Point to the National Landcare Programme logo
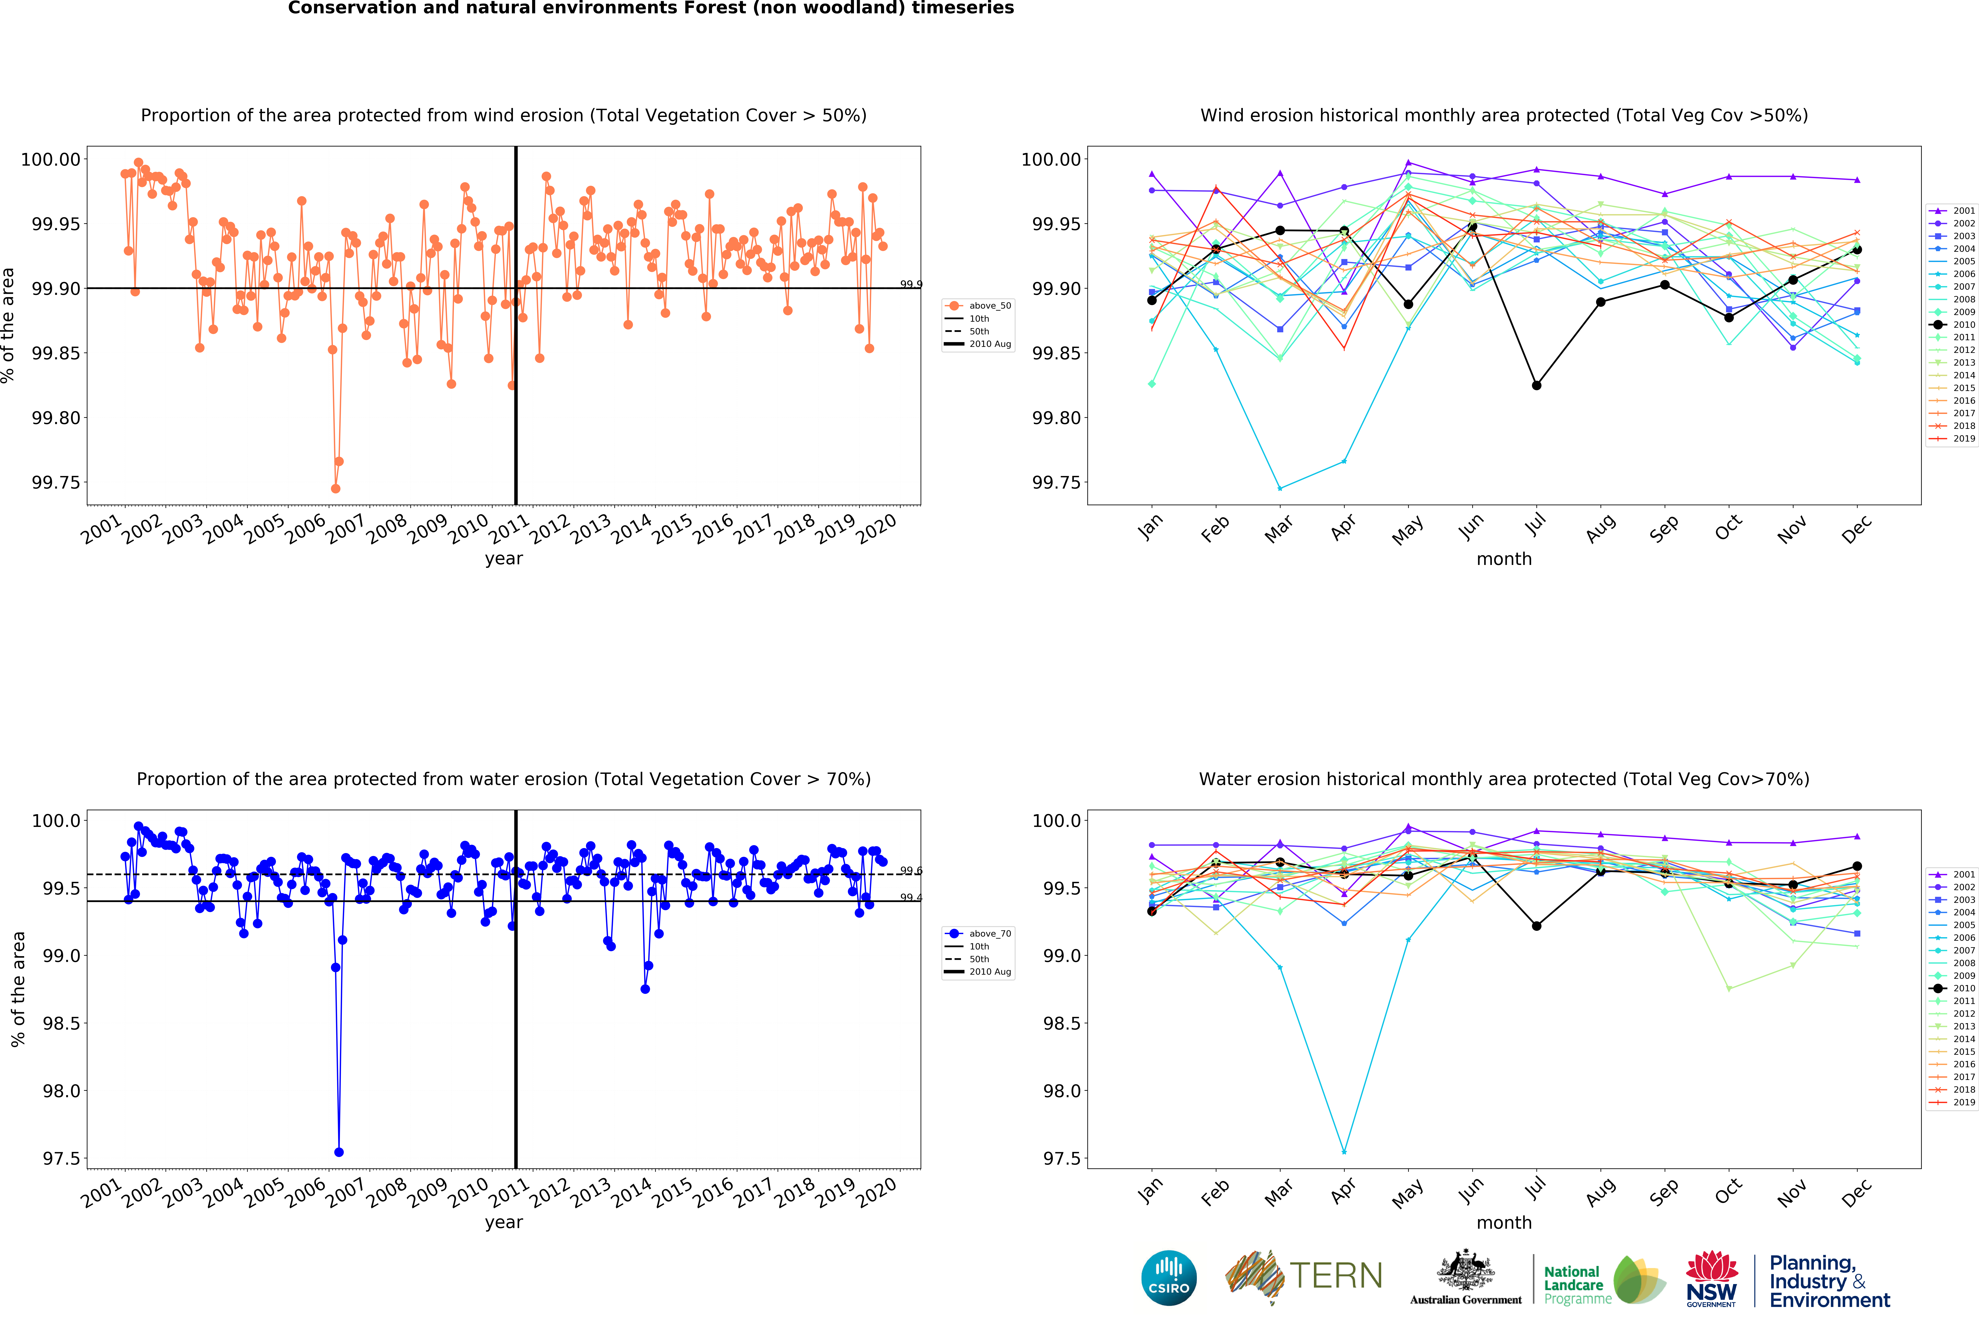click(x=1603, y=1280)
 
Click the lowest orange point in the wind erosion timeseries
click(x=336, y=488)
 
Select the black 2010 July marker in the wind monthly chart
click(x=1536, y=386)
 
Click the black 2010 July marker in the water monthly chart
click(x=1536, y=926)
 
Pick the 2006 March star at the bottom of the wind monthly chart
click(x=1280, y=488)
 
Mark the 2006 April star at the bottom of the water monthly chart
click(x=1344, y=1152)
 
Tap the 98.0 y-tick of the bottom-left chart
click(x=62, y=1091)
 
